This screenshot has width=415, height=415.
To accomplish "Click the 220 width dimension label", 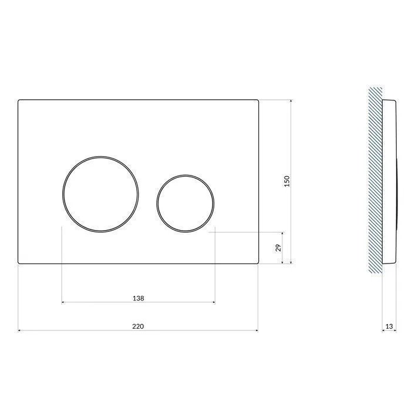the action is pyautogui.click(x=138, y=326).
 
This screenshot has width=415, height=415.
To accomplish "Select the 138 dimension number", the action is pyautogui.click(x=138, y=298).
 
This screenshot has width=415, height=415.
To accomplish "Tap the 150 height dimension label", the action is pyautogui.click(x=287, y=181).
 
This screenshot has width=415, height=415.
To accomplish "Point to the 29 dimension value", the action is pyautogui.click(x=278, y=248).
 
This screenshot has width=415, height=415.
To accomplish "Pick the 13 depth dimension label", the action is pyautogui.click(x=389, y=326).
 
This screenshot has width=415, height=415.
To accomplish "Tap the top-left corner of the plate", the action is pyautogui.click(x=18, y=100).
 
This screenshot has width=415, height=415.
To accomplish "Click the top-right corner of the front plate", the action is pyautogui.click(x=259, y=100).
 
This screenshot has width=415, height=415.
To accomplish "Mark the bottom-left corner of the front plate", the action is pyautogui.click(x=18, y=264).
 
